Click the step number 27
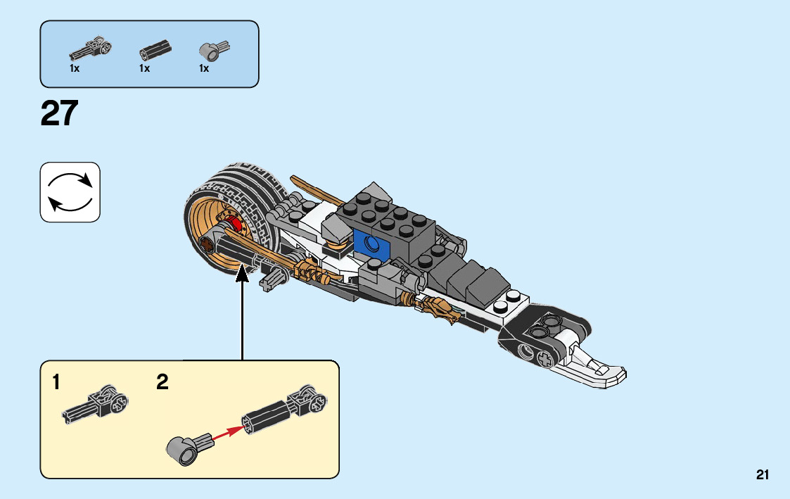click(59, 113)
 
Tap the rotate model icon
click(70, 192)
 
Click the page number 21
click(763, 475)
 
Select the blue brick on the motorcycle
click(371, 241)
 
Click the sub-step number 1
click(56, 384)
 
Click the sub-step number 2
click(163, 384)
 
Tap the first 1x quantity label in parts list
click(75, 68)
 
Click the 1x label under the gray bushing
click(204, 68)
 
